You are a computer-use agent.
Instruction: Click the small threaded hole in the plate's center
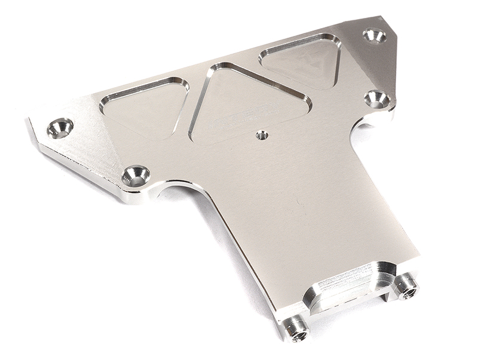point(261,135)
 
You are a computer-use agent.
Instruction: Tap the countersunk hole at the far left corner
point(60,127)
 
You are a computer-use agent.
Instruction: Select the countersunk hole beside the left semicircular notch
point(136,176)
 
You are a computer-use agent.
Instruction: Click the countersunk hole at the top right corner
point(375,35)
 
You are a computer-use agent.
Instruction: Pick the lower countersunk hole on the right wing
point(377,99)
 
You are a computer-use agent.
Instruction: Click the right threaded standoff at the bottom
point(407,287)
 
